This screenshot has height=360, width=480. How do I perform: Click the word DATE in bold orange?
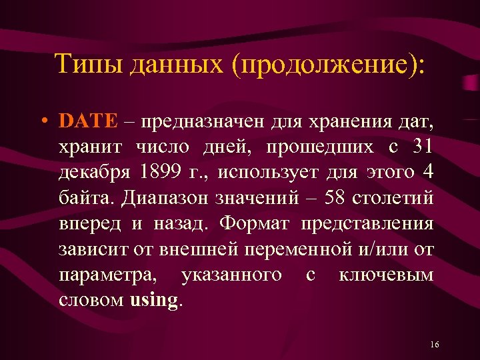click(x=88, y=121)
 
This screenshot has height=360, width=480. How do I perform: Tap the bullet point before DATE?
click(x=42, y=122)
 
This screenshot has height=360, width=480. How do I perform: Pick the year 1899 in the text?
click(x=160, y=172)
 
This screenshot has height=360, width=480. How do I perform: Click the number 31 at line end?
click(x=421, y=147)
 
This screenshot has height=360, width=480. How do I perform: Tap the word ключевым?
click(x=387, y=274)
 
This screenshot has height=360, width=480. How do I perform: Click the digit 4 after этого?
click(x=428, y=172)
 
